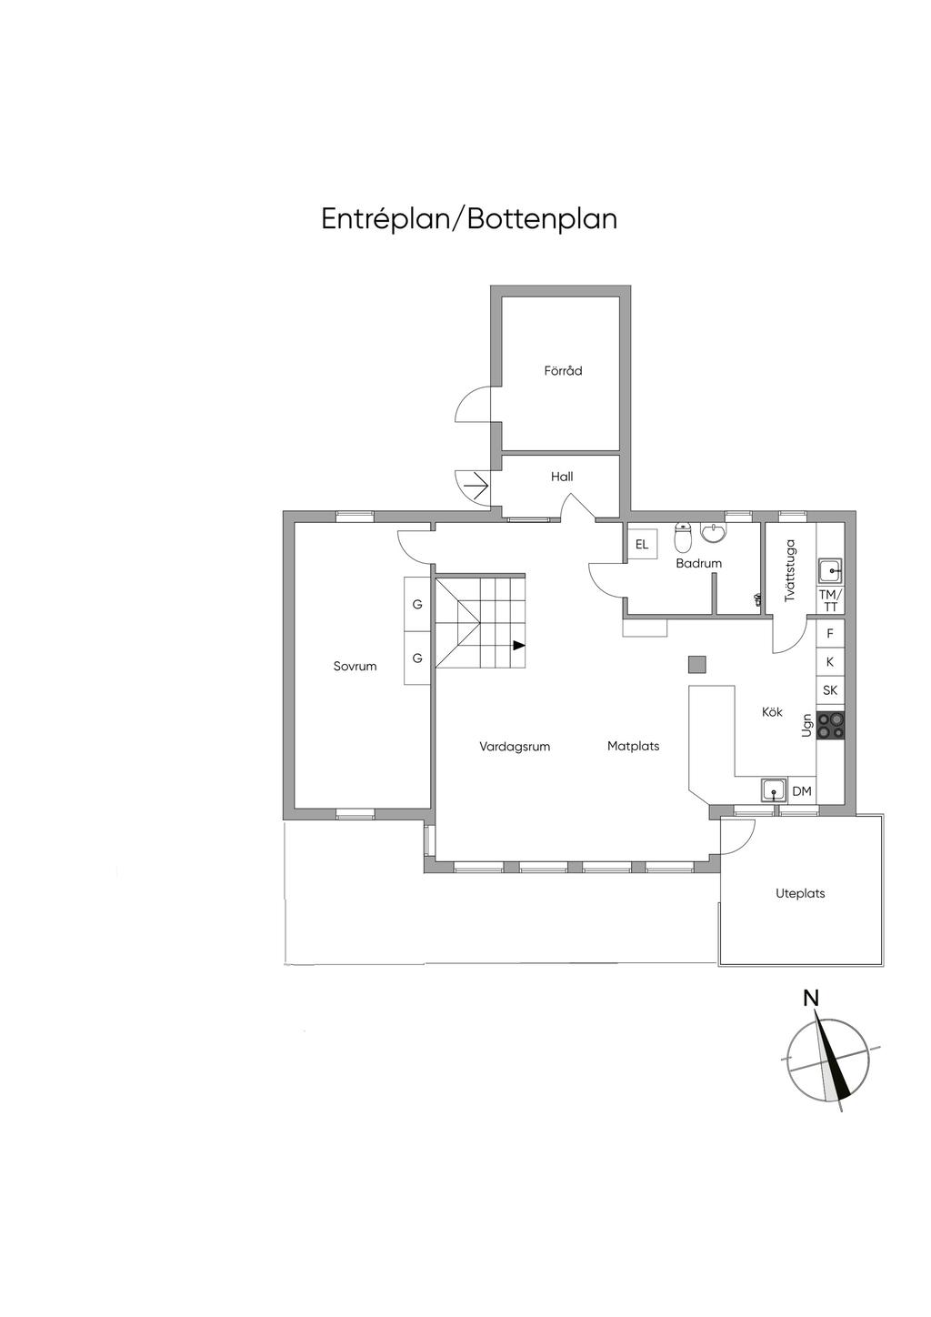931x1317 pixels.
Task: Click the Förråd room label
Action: click(x=563, y=371)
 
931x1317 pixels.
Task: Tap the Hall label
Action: click(x=562, y=477)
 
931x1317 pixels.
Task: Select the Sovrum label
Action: click(x=355, y=666)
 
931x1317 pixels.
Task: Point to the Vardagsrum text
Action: click(x=515, y=747)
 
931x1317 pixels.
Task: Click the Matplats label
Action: click(x=634, y=746)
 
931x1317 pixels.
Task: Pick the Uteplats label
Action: click(x=800, y=893)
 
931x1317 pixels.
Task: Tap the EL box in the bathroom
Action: click(x=641, y=545)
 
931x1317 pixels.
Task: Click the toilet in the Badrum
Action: click(x=683, y=535)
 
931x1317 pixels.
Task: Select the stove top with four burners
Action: click(x=830, y=725)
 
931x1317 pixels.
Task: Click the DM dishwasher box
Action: click(x=802, y=791)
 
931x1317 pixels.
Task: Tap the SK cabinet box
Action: click(x=830, y=689)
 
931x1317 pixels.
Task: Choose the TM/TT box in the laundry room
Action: click(x=830, y=599)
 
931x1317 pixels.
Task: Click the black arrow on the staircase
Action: click(x=518, y=645)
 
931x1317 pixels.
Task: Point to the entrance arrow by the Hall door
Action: click(x=477, y=486)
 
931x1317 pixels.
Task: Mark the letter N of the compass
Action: click(x=811, y=998)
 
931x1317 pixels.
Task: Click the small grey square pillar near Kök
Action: click(x=697, y=664)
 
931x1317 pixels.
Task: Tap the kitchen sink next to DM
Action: click(x=774, y=790)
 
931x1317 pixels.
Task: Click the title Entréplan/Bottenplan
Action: click(x=469, y=219)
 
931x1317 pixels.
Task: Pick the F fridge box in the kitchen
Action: click(x=830, y=634)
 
